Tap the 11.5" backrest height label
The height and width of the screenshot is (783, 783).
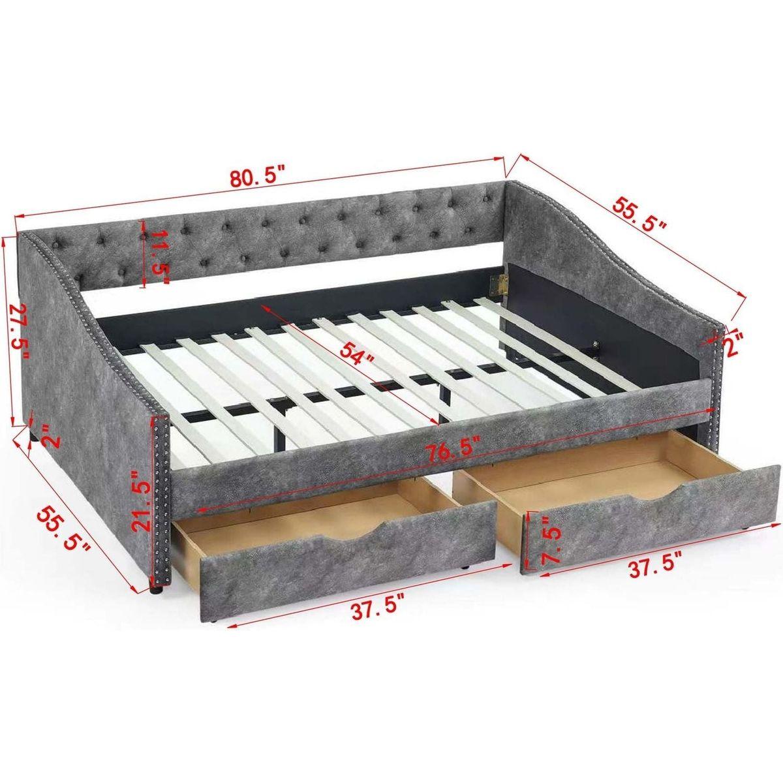pos(157,257)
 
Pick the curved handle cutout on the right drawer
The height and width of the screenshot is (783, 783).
pos(658,494)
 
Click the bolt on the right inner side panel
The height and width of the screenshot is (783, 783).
pos(595,333)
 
